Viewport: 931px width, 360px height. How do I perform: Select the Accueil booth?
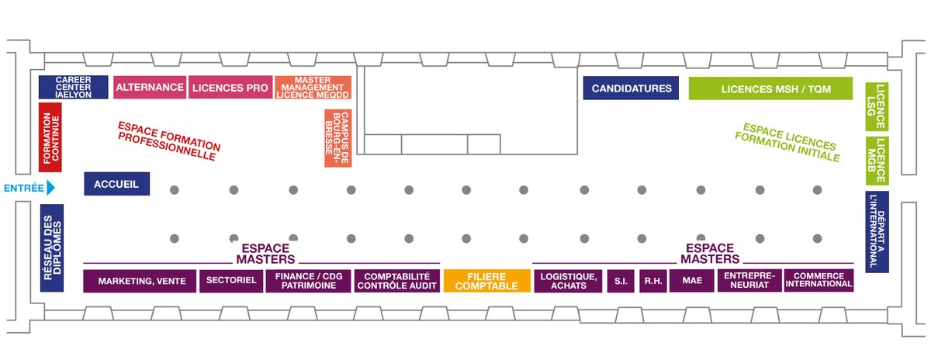pyautogui.click(x=116, y=184)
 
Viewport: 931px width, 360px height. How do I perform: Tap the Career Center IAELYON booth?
pyautogui.click(x=63, y=87)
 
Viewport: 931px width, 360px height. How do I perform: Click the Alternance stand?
pyautogui.click(x=150, y=88)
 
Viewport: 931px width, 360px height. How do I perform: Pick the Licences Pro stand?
pyautogui.click(x=230, y=88)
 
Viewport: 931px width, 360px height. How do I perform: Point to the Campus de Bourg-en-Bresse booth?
pyautogui.click(x=337, y=138)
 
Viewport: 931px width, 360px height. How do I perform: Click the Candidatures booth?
pyautogui.click(x=632, y=88)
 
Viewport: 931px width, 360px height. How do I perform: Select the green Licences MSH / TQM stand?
pyautogui.click(x=770, y=88)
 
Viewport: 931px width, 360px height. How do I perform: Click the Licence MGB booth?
pyautogui.click(x=877, y=161)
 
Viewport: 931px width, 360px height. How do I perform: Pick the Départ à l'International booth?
pyautogui.click(x=877, y=232)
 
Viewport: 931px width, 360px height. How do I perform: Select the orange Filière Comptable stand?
pyautogui.click(x=486, y=281)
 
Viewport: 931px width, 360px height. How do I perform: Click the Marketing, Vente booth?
pyautogui.click(x=140, y=281)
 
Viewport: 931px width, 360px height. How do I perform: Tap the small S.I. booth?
pyautogui.click(x=621, y=281)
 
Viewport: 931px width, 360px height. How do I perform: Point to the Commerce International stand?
pyautogui.click(x=819, y=280)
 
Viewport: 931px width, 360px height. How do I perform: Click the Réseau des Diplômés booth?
pyautogui.click(x=51, y=248)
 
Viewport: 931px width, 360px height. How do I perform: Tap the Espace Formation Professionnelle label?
pyautogui.click(x=169, y=140)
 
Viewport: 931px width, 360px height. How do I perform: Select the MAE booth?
pyautogui.click(x=692, y=281)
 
